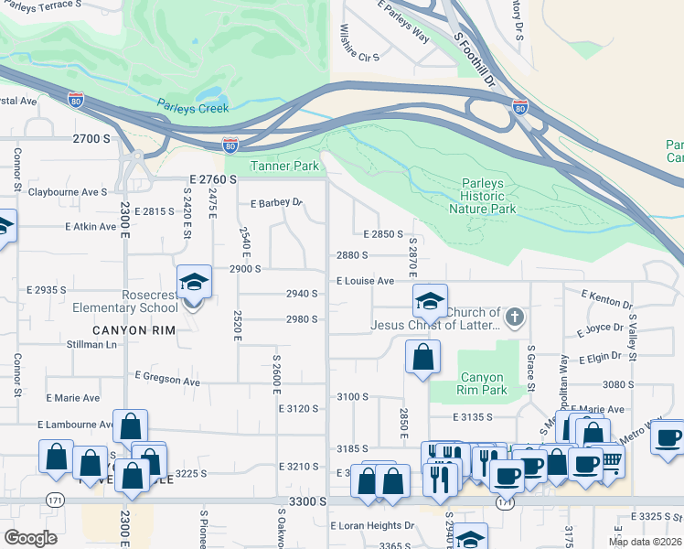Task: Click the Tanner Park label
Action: click(284, 166)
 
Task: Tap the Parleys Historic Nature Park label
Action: click(482, 196)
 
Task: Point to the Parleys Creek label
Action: click(192, 108)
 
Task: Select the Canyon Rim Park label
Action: click(482, 383)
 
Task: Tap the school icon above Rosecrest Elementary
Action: click(194, 281)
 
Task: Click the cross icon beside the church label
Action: click(515, 318)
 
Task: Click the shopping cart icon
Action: click(611, 463)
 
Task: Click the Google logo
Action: click(30, 538)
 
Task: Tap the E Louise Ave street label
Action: click(365, 281)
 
